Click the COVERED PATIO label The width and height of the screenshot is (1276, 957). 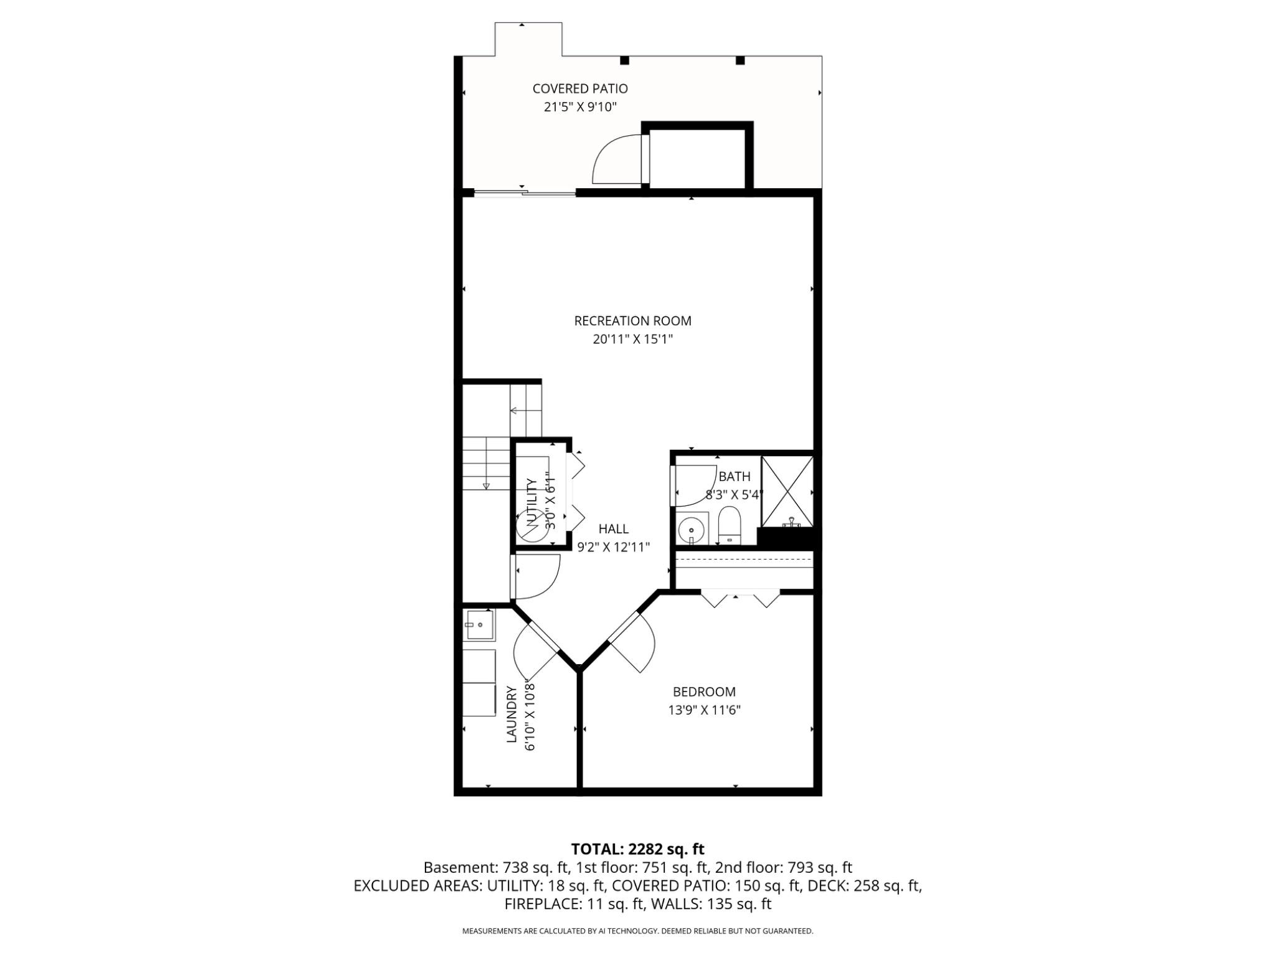click(579, 89)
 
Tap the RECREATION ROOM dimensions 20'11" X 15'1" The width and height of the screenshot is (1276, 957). click(632, 340)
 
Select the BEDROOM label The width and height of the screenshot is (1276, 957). click(703, 692)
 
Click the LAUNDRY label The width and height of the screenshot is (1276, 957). click(512, 715)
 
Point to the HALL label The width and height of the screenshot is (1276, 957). click(613, 529)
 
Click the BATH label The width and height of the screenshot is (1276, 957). click(734, 477)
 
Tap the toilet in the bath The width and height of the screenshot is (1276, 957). click(728, 524)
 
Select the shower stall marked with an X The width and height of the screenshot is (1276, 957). click(788, 491)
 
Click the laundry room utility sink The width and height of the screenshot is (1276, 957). click(479, 625)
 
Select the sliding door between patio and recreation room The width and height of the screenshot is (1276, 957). click(525, 193)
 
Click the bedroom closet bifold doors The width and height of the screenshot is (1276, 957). click(740, 599)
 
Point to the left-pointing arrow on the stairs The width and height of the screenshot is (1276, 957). click(515, 411)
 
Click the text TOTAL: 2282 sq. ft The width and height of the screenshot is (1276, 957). click(637, 849)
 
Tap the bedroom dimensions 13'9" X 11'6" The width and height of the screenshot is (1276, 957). click(703, 710)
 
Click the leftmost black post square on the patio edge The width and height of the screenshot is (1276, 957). click(624, 60)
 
